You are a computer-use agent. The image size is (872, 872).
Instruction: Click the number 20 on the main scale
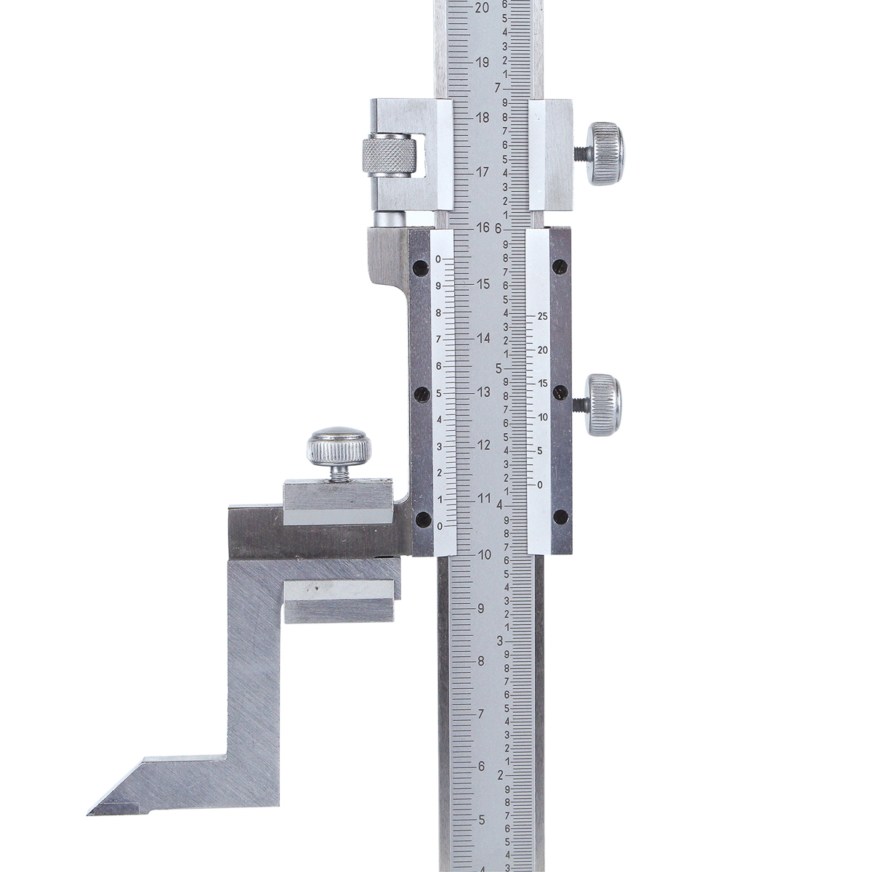[x=482, y=8]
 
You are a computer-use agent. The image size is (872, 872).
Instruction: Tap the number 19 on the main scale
[x=483, y=62]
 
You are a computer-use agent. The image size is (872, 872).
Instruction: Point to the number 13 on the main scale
[x=484, y=392]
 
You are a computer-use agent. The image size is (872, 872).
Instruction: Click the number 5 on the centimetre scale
[x=498, y=368]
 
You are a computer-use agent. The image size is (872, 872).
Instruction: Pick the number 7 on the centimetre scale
[x=498, y=87]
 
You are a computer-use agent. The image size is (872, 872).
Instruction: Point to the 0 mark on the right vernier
[x=539, y=485]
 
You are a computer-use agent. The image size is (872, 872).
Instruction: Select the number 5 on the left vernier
[x=438, y=393]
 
